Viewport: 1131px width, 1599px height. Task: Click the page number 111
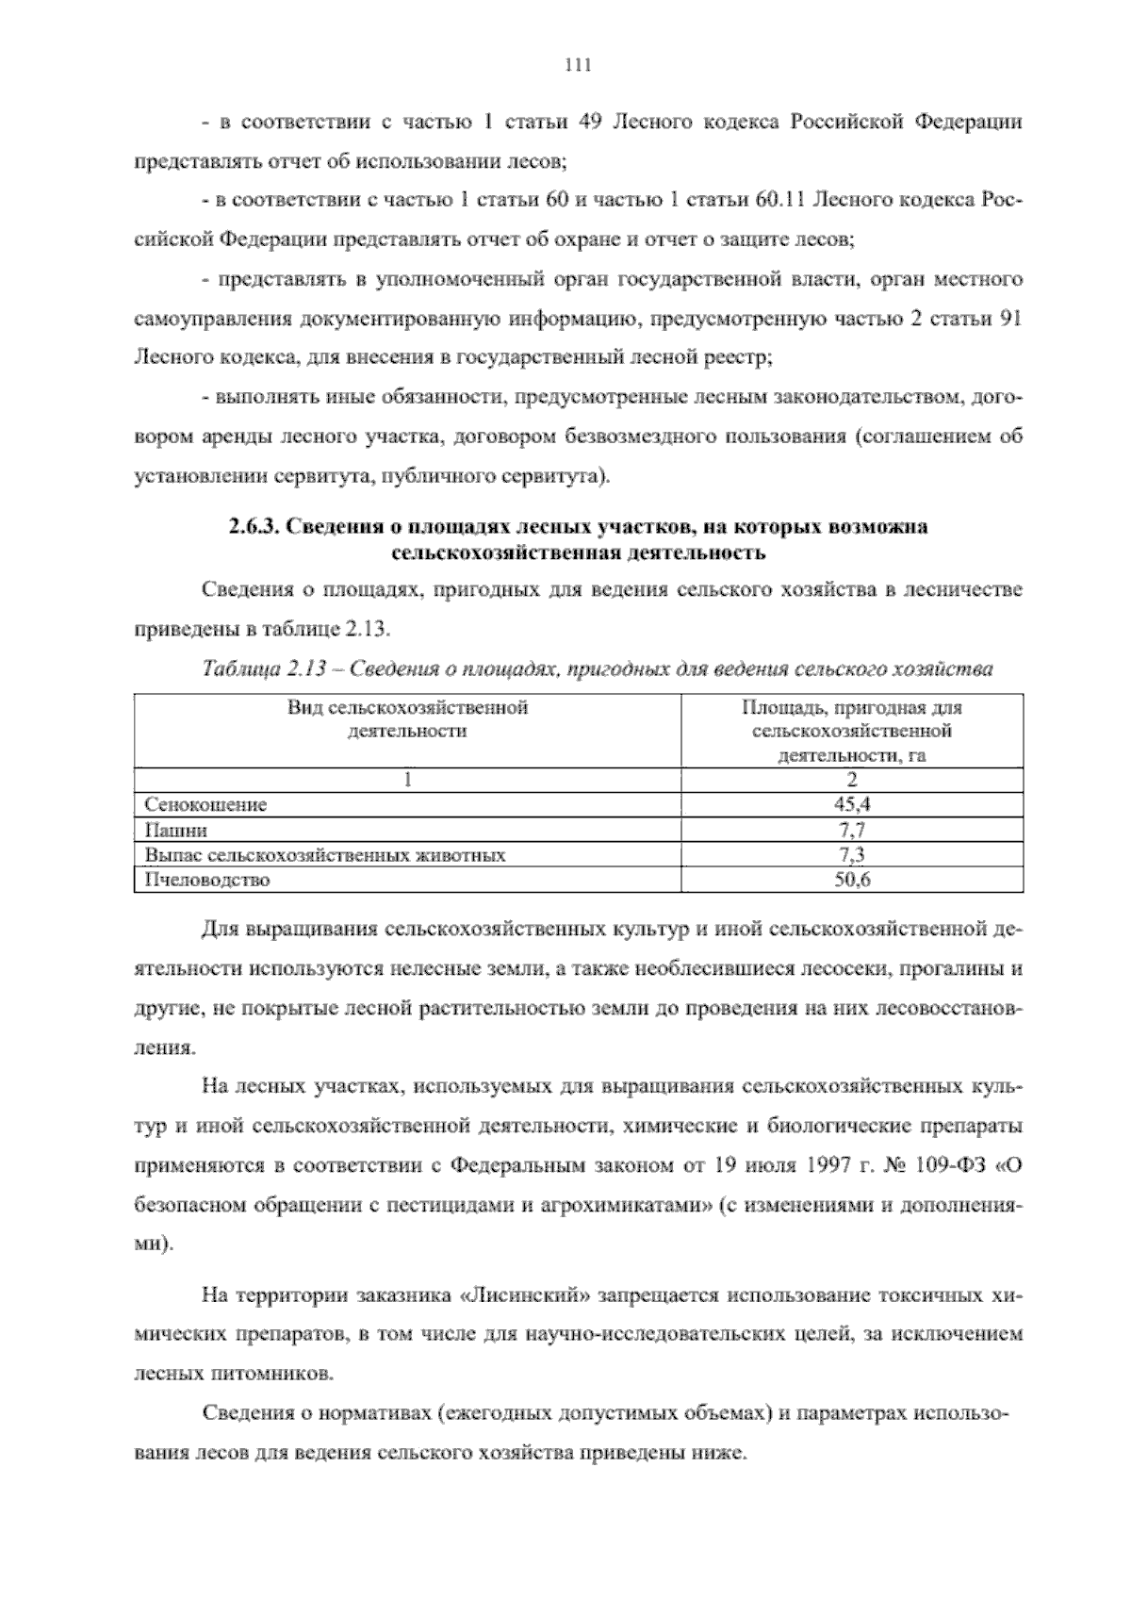(576, 65)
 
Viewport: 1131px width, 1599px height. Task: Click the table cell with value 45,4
(851, 804)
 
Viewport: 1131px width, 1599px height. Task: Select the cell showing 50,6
(851, 881)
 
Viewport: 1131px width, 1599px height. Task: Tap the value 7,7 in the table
(851, 830)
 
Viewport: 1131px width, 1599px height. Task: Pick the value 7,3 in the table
(851, 855)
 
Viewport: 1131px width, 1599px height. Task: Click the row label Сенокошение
(206, 804)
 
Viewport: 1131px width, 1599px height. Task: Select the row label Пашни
(176, 830)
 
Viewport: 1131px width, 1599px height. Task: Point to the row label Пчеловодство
(207, 881)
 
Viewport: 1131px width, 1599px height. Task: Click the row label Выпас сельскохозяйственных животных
(325, 855)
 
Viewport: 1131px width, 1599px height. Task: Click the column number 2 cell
(851, 780)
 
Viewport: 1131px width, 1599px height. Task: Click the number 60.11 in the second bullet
(778, 201)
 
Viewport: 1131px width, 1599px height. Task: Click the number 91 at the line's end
(1009, 319)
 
